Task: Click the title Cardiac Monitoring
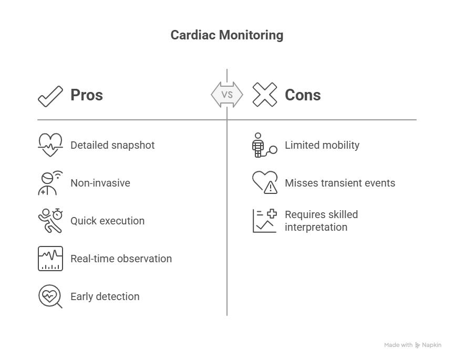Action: pyautogui.click(x=226, y=35)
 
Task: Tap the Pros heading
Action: pyautogui.click(x=87, y=95)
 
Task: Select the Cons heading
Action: pyautogui.click(x=303, y=95)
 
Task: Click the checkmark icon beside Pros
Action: pyautogui.click(x=50, y=97)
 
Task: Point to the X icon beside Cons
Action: pyautogui.click(x=265, y=95)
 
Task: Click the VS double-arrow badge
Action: pyautogui.click(x=227, y=95)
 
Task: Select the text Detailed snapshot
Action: pyautogui.click(x=112, y=145)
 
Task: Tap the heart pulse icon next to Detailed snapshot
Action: pyautogui.click(x=50, y=145)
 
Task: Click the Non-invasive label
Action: pyautogui.click(x=100, y=183)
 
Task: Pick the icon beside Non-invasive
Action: pyautogui.click(x=50, y=183)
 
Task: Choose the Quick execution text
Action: pyautogui.click(x=107, y=221)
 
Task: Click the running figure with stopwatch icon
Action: pyautogui.click(x=50, y=221)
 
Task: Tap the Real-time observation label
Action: pyautogui.click(x=121, y=259)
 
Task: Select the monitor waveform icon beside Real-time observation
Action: pyautogui.click(x=50, y=259)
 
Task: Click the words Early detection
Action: pyautogui.click(x=105, y=296)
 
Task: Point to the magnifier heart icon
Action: pyautogui.click(x=50, y=296)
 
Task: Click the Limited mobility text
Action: pyautogui.click(x=322, y=145)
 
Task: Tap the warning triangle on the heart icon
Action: pyautogui.click(x=271, y=188)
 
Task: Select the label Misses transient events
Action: pyautogui.click(x=340, y=183)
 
